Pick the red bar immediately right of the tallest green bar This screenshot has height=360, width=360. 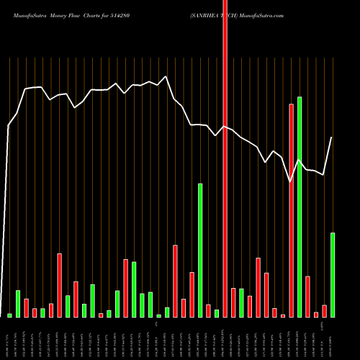pyautogui.click(x=307, y=297)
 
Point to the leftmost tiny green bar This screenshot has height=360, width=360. pyautogui.click(x=10, y=315)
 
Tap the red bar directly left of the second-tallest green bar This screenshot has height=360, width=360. pyautogui.click(x=192, y=294)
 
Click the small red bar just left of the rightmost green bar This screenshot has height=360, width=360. pyautogui.click(x=324, y=311)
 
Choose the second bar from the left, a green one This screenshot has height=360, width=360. pyautogui.click(x=18, y=303)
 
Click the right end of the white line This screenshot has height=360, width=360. pyautogui.click(x=332, y=138)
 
